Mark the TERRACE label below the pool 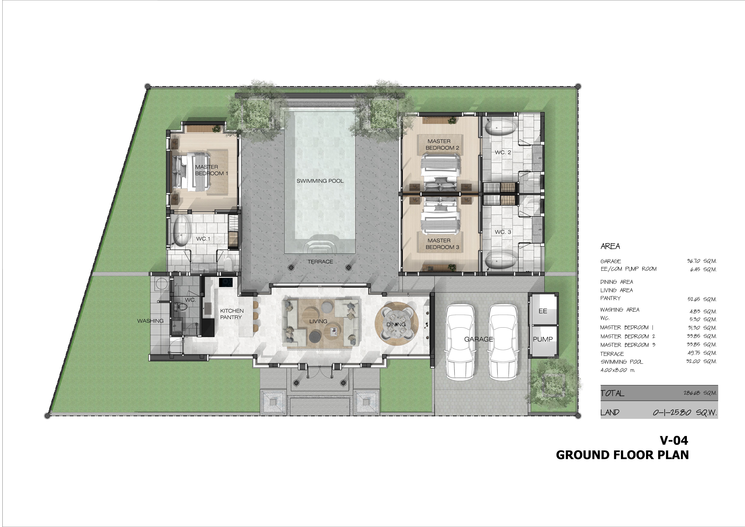point(320,262)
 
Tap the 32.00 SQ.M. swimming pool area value point(701,361)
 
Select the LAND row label point(610,412)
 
